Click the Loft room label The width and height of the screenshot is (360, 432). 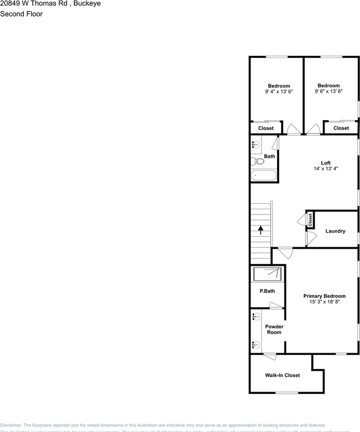(x=326, y=163)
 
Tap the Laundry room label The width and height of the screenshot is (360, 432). (x=335, y=231)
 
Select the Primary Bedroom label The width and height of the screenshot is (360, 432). (x=324, y=296)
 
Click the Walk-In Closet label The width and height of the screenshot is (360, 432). (x=282, y=375)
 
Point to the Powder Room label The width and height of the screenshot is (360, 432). (x=274, y=329)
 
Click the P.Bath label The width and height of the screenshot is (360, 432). (x=267, y=291)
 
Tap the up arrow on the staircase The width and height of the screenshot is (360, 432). (x=261, y=230)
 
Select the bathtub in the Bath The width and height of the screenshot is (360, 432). (x=264, y=175)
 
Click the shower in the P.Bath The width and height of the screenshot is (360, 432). (x=268, y=274)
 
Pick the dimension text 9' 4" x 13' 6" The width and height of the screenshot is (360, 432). (x=279, y=92)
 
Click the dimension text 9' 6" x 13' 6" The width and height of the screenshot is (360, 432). (x=328, y=91)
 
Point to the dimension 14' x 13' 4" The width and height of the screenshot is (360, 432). (x=326, y=169)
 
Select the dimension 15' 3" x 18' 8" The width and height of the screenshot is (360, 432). (x=324, y=302)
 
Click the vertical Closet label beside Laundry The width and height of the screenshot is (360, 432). (x=310, y=220)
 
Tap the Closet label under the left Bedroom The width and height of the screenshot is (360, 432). (x=266, y=128)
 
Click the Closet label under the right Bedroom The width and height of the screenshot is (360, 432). (x=341, y=128)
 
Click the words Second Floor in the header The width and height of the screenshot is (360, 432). (x=22, y=14)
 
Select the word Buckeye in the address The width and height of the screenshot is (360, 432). (x=87, y=4)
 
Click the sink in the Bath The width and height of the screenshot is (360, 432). (x=256, y=145)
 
